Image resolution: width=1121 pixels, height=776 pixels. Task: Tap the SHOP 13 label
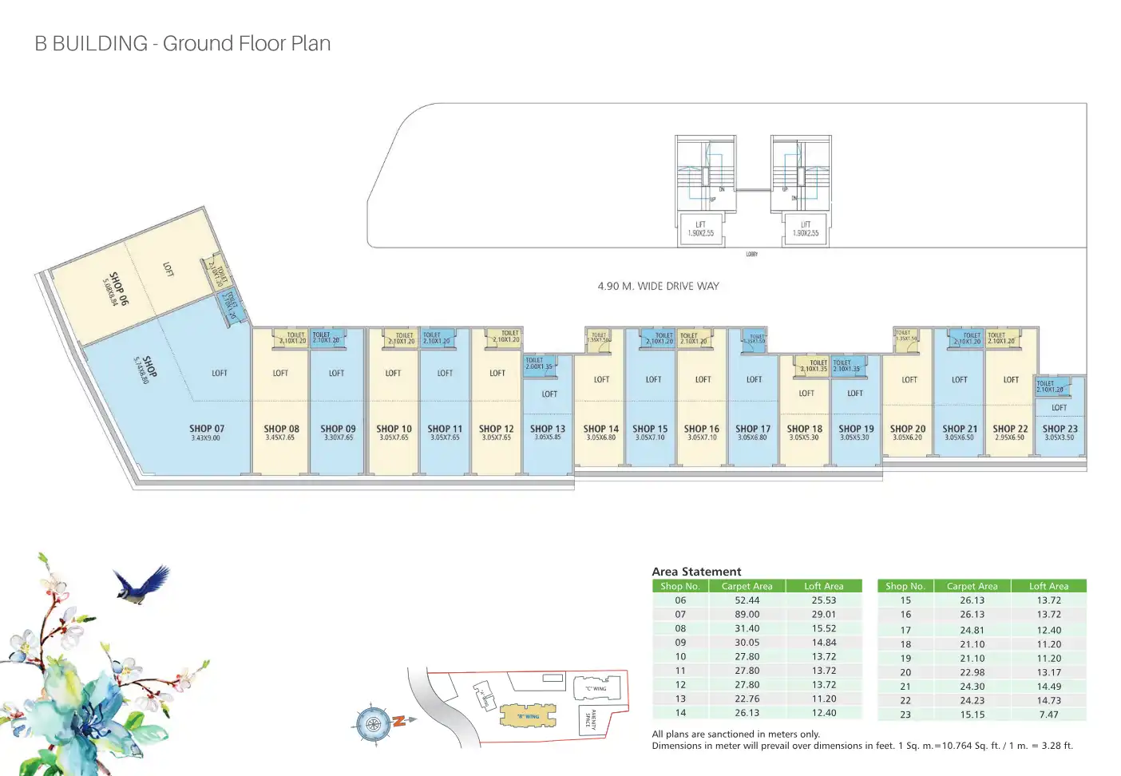tap(548, 429)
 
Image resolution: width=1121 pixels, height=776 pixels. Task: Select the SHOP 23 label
tap(1060, 429)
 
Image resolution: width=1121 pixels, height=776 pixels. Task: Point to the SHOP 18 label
tap(804, 429)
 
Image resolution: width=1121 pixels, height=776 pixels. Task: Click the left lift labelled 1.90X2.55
tap(700, 229)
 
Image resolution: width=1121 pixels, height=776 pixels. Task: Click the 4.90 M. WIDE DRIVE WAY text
tap(658, 286)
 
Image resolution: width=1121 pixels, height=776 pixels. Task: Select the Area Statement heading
tap(696, 572)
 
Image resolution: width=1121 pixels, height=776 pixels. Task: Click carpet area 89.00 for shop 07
tap(747, 615)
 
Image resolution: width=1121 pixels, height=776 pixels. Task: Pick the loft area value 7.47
tap(1048, 715)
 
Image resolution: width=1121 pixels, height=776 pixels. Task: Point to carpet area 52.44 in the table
tap(747, 600)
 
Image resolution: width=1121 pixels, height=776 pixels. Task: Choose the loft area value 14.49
tap(1048, 687)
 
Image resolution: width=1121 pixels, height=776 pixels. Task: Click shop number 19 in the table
tap(905, 659)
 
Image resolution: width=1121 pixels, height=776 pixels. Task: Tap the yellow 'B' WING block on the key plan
tap(528, 715)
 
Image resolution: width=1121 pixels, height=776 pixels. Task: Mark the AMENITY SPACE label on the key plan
tap(591, 719)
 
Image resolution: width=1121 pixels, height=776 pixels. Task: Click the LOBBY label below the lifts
tap(751, 255)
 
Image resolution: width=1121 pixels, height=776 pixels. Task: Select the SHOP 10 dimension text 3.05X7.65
tap(394, 437)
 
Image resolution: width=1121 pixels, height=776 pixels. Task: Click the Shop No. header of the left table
tap(680, 586)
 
